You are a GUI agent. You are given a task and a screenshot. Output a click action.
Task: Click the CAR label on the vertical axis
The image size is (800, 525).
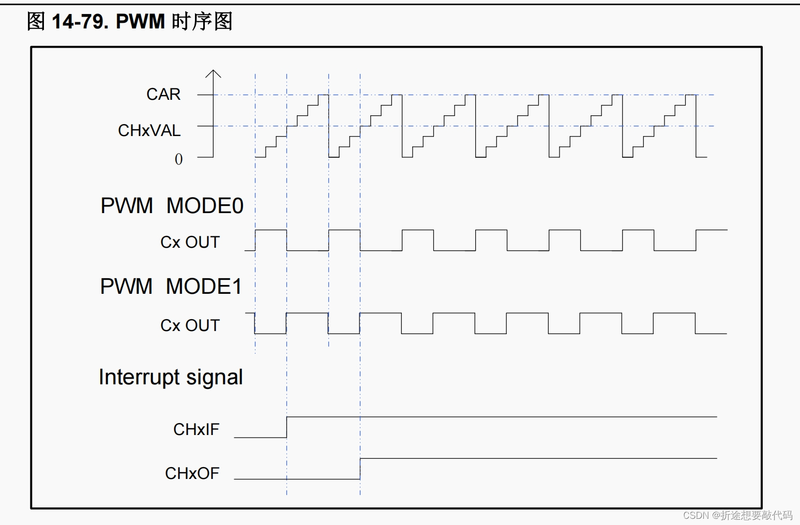pyautogui.click(x=163, y=95)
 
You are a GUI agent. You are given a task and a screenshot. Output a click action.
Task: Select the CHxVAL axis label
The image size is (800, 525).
pyautogui.click(x=149, y=130)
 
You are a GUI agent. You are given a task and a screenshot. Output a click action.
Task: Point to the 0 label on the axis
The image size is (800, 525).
pyautogui.click(x=178, y=159)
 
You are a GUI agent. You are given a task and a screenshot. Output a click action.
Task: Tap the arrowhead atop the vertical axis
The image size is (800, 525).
pyautogui.click(x=213, y=73)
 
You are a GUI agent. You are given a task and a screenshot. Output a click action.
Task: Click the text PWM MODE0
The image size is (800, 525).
pyautogui.click(x=172, y=206)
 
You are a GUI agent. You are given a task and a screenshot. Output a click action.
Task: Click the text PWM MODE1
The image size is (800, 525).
pyautogui.click(x=171, y=287)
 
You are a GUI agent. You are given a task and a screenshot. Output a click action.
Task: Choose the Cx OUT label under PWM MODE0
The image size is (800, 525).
pyautogui.click(x=190, y=242)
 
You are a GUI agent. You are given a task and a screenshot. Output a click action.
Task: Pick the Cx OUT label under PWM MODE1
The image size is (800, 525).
pyautogui.click(x=190, y=325)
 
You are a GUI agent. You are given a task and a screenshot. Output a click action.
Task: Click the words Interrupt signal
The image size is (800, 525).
pyautogui.click(x=171, y=377)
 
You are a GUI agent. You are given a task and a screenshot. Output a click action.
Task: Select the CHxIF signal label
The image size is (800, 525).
pyautogui.click(x=196, y=429)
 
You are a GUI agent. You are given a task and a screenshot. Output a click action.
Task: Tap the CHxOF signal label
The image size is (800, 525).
pyautogui.click(x=192, y=473)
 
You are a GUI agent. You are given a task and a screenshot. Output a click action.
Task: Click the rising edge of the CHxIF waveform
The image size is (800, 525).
pyautogui.click(x=287, y=427)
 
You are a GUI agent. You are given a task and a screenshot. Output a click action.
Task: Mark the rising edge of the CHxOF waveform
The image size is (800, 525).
pyautogui.click(x=360, y=469)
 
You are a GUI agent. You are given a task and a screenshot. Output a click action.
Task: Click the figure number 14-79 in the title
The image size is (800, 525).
pyautogui.click(x=80, y=21)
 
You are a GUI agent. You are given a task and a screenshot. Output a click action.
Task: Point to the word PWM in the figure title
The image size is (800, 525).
pyautogui.click(x=140, y=21)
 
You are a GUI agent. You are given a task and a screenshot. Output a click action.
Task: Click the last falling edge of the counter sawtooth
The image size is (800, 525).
pyautogui.click(x=696, y=126)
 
